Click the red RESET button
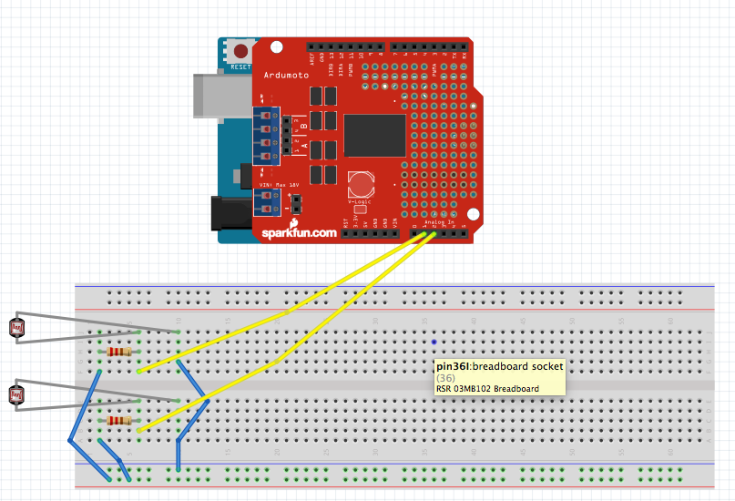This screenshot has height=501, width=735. (241, 51)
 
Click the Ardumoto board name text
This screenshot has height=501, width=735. (284, 75)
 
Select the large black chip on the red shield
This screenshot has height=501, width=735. (374, 134)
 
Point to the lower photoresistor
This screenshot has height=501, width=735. (16, 394)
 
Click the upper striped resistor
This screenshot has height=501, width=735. (118, 352)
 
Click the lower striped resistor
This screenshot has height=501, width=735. (118, 420)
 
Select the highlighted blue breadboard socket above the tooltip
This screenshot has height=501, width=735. (434, 342)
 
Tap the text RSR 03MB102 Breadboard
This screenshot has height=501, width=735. (487, 389)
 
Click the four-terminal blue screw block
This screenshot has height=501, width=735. (266, 135)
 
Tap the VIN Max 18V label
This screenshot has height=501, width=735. (278, 186)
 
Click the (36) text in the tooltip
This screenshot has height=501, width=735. (446, 378)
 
